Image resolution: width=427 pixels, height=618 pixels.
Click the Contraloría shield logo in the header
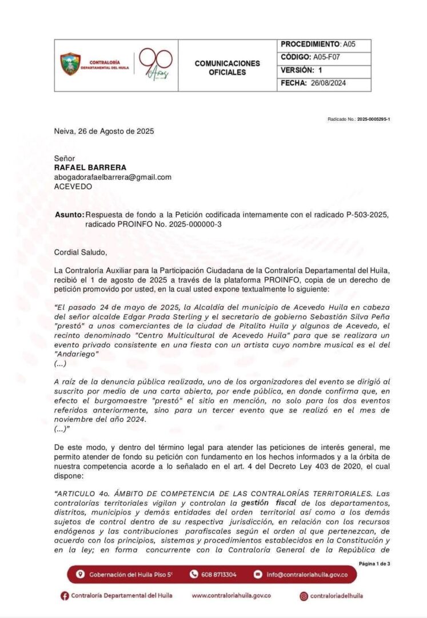click(x=71, y=64)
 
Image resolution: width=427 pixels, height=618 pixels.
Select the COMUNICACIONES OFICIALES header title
click(x=227, y=68)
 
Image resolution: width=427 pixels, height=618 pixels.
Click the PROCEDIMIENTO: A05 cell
click(x=325, y=45)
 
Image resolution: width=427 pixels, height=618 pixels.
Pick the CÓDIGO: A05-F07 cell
click(x=325, y=57)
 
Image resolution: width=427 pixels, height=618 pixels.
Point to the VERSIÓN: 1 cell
click(x=325, y=70)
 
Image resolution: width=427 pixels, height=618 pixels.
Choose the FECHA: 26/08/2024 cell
click(x=325, y=83)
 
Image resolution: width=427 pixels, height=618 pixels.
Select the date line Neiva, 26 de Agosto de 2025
click(x=103, y=131)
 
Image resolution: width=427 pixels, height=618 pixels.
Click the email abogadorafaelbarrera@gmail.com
click(x=113, y=177)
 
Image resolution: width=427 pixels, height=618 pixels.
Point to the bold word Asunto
click(x=69, y=215)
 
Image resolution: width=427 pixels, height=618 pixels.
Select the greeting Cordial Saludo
click(x=80, y=252)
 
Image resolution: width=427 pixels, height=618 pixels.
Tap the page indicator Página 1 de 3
click(x=374, y=564)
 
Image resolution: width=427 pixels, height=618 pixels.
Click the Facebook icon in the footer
click(x=65, y=596)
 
